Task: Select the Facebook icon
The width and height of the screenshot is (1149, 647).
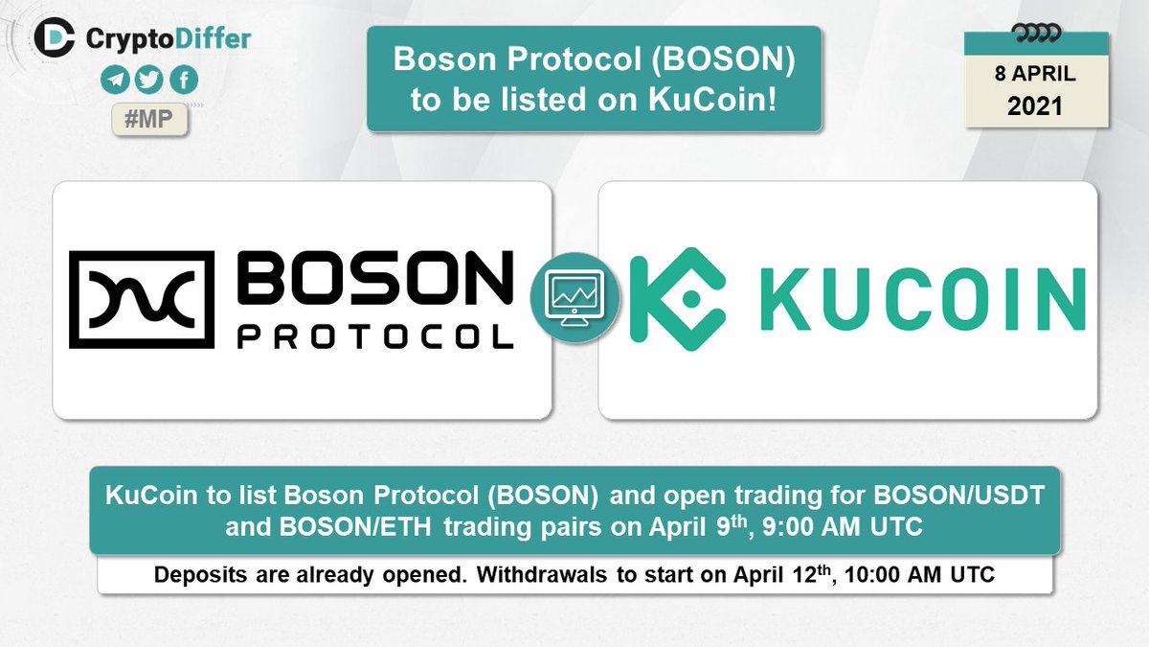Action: [185, 81]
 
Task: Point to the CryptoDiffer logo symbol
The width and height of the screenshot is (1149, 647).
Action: [54, 37]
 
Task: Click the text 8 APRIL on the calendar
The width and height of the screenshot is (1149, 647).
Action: [1034, 73]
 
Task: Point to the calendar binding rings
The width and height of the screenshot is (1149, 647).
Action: [1035, 35]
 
